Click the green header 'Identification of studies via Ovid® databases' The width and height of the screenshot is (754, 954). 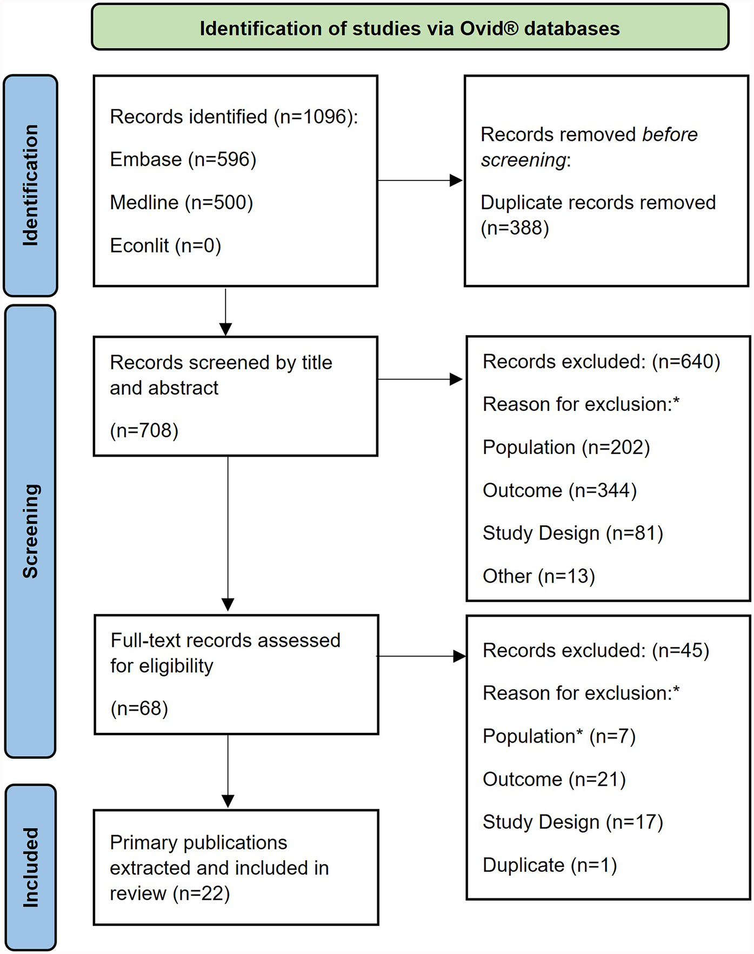[410, 28]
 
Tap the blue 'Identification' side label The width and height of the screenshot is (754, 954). [30, 185]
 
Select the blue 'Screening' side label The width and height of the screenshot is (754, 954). [30, 531]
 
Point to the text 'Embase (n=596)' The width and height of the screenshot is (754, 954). [183, 159]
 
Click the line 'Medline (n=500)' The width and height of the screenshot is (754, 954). [181, 203]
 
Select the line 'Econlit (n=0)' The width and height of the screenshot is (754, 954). [165, 246]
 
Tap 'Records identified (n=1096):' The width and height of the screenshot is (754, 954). [233, 117]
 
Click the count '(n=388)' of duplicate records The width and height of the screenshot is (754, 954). [515, 228]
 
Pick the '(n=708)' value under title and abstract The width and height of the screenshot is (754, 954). [144, 431]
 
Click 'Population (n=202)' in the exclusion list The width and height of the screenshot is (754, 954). [566, 448]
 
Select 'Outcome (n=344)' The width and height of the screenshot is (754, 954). [559, 491]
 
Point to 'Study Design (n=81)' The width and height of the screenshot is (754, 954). [572, 533]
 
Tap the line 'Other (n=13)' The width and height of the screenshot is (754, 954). [538, 576]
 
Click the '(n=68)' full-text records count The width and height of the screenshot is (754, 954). [139, 709]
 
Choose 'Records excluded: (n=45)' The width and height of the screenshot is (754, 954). [596, 651]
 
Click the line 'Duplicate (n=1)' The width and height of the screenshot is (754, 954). [549, 865]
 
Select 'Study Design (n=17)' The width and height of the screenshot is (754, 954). [572, 822]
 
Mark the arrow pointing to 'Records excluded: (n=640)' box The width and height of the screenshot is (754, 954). [421, 379]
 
